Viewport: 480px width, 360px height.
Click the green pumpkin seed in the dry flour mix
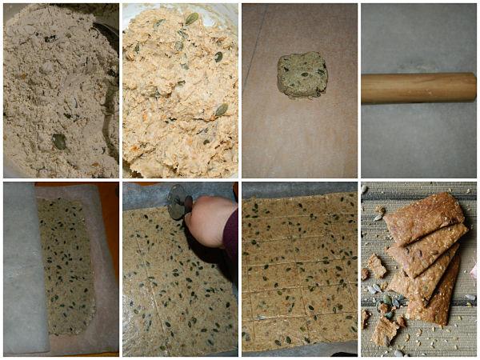(x=59, y=142)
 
